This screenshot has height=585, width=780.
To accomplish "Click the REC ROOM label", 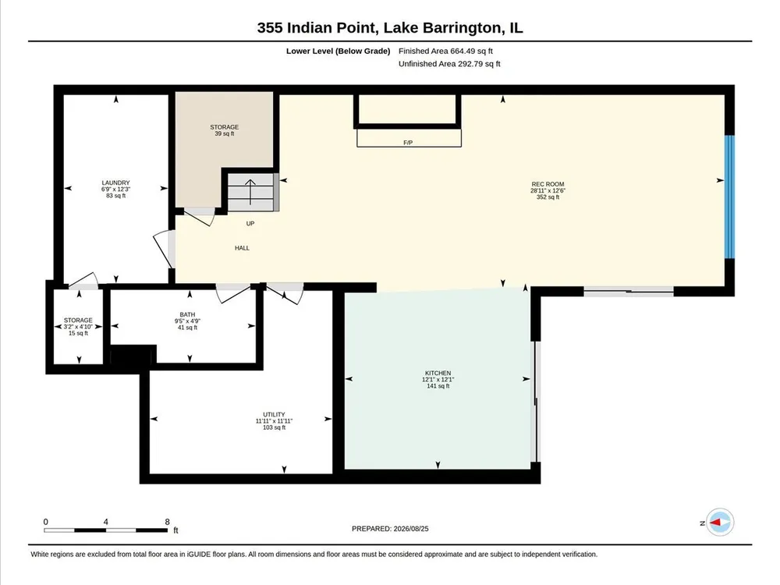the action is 548,184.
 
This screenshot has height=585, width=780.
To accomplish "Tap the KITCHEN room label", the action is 438,373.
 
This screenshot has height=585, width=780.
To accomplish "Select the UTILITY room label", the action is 274,414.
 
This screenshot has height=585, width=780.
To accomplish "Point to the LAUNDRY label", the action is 116,183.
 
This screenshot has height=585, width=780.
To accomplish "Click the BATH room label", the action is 187,314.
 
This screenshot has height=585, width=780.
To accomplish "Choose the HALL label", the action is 243,248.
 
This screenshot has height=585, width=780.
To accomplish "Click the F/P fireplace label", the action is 408,143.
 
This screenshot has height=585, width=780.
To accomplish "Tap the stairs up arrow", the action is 250,192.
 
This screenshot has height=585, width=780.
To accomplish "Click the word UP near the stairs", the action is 250,223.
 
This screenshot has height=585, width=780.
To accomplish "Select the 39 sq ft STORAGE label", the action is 225,130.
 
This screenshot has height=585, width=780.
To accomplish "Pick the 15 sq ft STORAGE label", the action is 78,327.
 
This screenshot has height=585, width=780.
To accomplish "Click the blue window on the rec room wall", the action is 729,197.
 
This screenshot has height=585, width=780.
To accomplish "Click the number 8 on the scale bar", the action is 167,522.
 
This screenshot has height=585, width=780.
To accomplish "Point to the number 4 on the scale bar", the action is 105,522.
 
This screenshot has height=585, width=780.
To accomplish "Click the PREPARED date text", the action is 390,529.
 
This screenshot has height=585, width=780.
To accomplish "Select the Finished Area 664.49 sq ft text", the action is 445,51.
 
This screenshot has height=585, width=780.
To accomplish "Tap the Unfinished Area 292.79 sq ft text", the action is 449,64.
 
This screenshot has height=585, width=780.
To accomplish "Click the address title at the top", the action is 390,27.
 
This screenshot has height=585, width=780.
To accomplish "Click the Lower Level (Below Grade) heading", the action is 338,51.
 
